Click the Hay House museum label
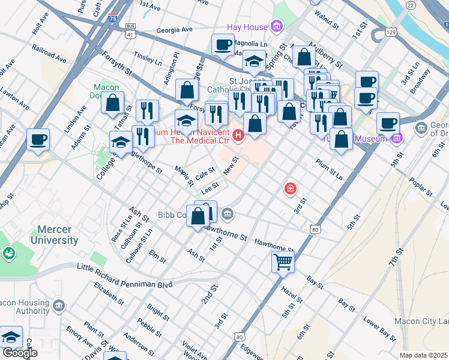click(x=247, y=26)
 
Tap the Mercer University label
click(x=58, y=235)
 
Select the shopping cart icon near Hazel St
click(x=283, y=261)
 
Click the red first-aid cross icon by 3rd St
click(x=291, y=190)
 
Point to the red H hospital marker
click(x=238, y=135)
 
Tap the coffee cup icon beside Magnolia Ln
click(x=223, y=45)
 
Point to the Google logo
click(x=20, y=352)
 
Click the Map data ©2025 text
click(x=423, y=355)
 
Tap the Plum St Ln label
click(x=329, y=170)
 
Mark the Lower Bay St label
click(x=378, y=329)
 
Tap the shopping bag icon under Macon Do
click(x=112, y=103)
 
